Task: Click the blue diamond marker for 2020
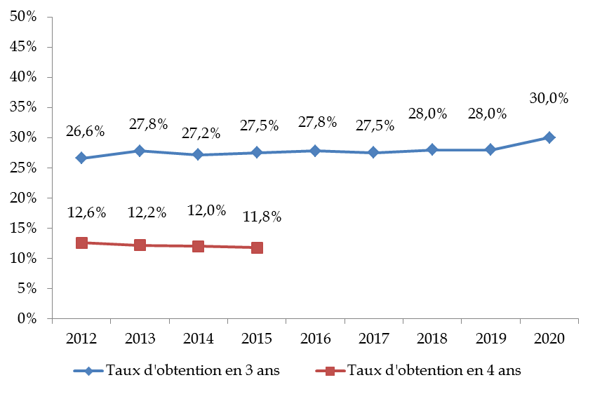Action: click(549, 137)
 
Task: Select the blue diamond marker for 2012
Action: click(81, 158)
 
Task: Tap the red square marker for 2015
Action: click(257, 247)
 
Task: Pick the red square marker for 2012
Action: click(81, 243)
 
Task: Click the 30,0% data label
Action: click(549, 99)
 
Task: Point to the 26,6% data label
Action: click(86, 131)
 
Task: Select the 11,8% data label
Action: click(261, 217)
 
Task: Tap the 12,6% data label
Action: click(86, 212)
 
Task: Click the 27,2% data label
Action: click(202, 133)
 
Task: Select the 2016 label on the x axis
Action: click(315, 339)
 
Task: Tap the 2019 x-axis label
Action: click(490, 339)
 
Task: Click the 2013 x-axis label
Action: click(140, 339)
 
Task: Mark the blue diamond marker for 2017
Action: click(373, 152)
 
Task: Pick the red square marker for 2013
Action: click(140, 245)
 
